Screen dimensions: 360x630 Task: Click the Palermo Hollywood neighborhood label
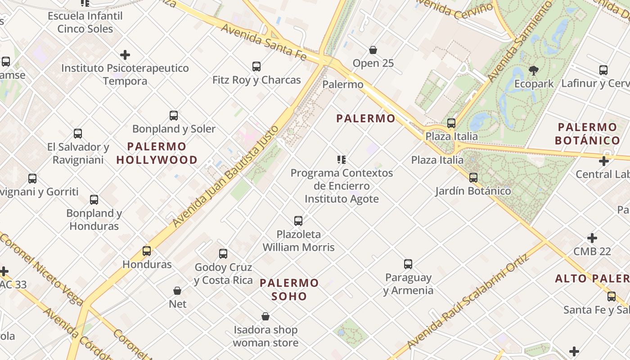[157, 153]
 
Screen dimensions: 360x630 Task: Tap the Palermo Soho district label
[289, 289]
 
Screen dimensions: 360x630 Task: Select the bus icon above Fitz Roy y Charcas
[256, 67]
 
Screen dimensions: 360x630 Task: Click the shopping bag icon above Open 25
[373, 49]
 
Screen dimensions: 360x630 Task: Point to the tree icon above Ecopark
[534, 70]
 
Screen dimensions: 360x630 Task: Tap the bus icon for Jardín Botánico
[473, 178]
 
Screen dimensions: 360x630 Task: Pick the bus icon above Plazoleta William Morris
[298, 221]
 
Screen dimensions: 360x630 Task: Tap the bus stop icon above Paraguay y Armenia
[408, 264]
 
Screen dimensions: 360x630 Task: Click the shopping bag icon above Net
[177, 291]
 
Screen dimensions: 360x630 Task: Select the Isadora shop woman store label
[265, 336]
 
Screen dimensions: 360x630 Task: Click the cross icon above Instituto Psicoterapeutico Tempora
[125, 55]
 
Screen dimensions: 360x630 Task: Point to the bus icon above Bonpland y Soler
[174, 116]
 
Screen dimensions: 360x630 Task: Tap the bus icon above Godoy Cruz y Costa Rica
[223, 254]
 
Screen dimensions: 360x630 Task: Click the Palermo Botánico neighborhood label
[587, 134]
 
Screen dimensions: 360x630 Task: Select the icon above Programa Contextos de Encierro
[342, 160]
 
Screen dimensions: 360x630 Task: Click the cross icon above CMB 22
[592, 238]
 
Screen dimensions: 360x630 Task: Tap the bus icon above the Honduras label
[147, 251]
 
